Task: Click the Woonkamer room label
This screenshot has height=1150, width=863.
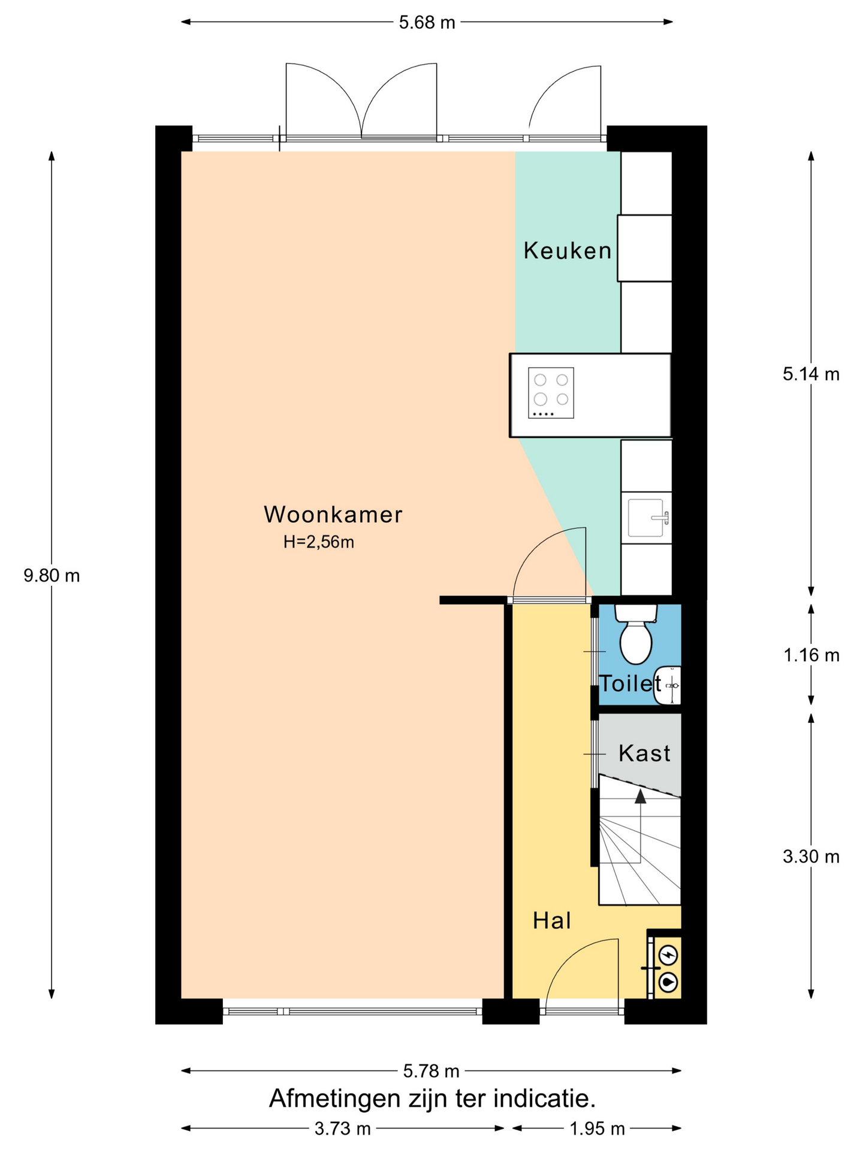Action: pos(333,515)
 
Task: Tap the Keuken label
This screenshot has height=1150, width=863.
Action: pos(568,250)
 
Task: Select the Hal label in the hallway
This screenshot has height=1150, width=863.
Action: pos(551,921)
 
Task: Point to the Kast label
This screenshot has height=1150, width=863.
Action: pos(644,753)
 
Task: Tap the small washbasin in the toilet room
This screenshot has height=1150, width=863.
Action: pos(668,685)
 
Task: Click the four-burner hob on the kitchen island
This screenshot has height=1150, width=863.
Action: pos(551,393)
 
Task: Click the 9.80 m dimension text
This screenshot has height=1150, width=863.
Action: pos(52,576)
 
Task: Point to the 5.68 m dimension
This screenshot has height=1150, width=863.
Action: pos(427,23)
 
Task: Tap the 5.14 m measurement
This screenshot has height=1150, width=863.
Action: pos(811,374)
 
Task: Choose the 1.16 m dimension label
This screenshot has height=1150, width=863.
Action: pos(811,655)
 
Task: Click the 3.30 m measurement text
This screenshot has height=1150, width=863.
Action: pos(811,857)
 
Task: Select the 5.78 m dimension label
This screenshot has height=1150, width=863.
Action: pos(431,1070)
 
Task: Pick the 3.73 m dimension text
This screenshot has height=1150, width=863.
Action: pos(343,1129)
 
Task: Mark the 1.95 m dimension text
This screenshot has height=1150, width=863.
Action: pos(597,1129)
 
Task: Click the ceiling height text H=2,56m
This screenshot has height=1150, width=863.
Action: pos(319,542)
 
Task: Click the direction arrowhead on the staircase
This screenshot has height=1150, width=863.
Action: pos(641,796)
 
